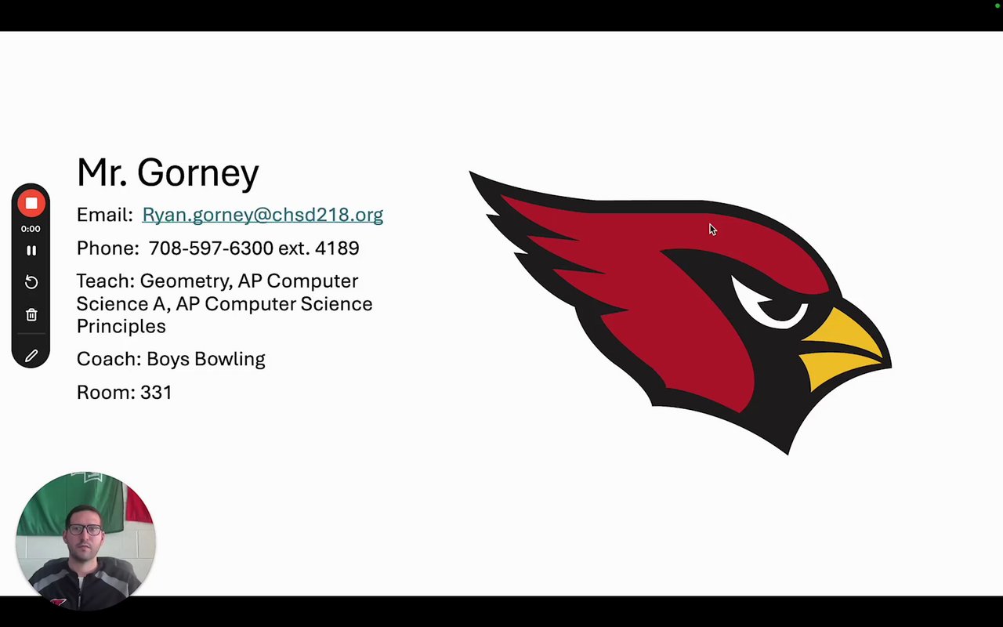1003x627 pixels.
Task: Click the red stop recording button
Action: coord(31,203)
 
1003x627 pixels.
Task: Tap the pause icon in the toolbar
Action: coord(31,250)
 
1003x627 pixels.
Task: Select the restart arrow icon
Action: coord(31,282)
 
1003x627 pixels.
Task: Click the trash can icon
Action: coord(31,315)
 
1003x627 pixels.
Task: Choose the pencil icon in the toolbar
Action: coord(31,356)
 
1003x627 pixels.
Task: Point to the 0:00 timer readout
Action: coord(31,229)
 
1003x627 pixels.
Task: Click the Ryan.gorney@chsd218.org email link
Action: coord(263,215)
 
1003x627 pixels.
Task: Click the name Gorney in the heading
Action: coord(198,173)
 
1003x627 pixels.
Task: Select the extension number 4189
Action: coord(337,248)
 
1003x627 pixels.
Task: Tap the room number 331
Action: coord(156,393)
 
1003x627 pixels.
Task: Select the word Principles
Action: coord(121,327)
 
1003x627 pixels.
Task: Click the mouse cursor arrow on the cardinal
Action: coord(713,230)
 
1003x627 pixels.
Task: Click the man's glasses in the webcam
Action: coord(85,530)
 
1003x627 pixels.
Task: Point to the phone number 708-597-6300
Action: coord(211,248)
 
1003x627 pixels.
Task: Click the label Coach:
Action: coord(109,359)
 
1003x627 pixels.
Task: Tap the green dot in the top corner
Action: coord(998,5)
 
